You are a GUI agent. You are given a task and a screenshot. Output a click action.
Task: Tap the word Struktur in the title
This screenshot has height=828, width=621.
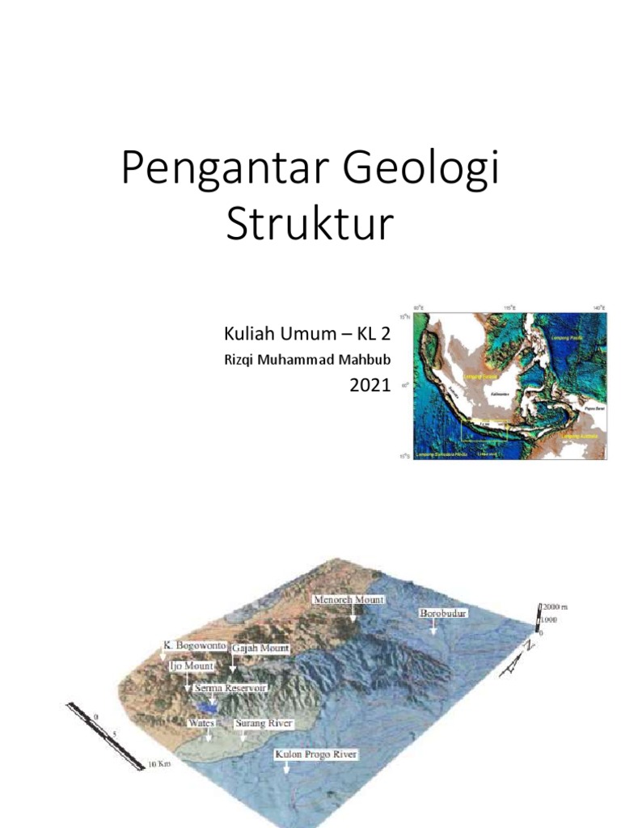click(x=310, y=225)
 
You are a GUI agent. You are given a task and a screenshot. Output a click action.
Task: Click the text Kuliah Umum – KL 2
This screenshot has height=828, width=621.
click(x=306, y=334)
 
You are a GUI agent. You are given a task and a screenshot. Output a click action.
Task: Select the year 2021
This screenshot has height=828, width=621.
click(x=370, y=386)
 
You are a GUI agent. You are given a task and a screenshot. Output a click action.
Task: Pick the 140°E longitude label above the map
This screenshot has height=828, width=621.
click(x=598, y=308)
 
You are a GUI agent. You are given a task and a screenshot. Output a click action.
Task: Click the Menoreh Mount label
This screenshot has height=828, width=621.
click(x=350, y=600)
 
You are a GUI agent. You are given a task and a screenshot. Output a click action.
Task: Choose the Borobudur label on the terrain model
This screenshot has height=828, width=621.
click(x=443, y=614)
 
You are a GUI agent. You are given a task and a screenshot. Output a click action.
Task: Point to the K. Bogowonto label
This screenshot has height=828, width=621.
click(x=193, y=646)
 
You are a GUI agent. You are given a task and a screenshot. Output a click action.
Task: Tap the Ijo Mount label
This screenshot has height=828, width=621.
click(x=191, y=665)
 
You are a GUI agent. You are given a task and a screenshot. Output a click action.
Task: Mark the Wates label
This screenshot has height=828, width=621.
click(x=201, y=722)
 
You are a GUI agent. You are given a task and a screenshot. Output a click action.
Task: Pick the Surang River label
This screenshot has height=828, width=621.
click(x=263, y=722)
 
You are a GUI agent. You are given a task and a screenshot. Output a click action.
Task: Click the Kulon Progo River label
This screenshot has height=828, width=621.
click(x=316, y=754)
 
